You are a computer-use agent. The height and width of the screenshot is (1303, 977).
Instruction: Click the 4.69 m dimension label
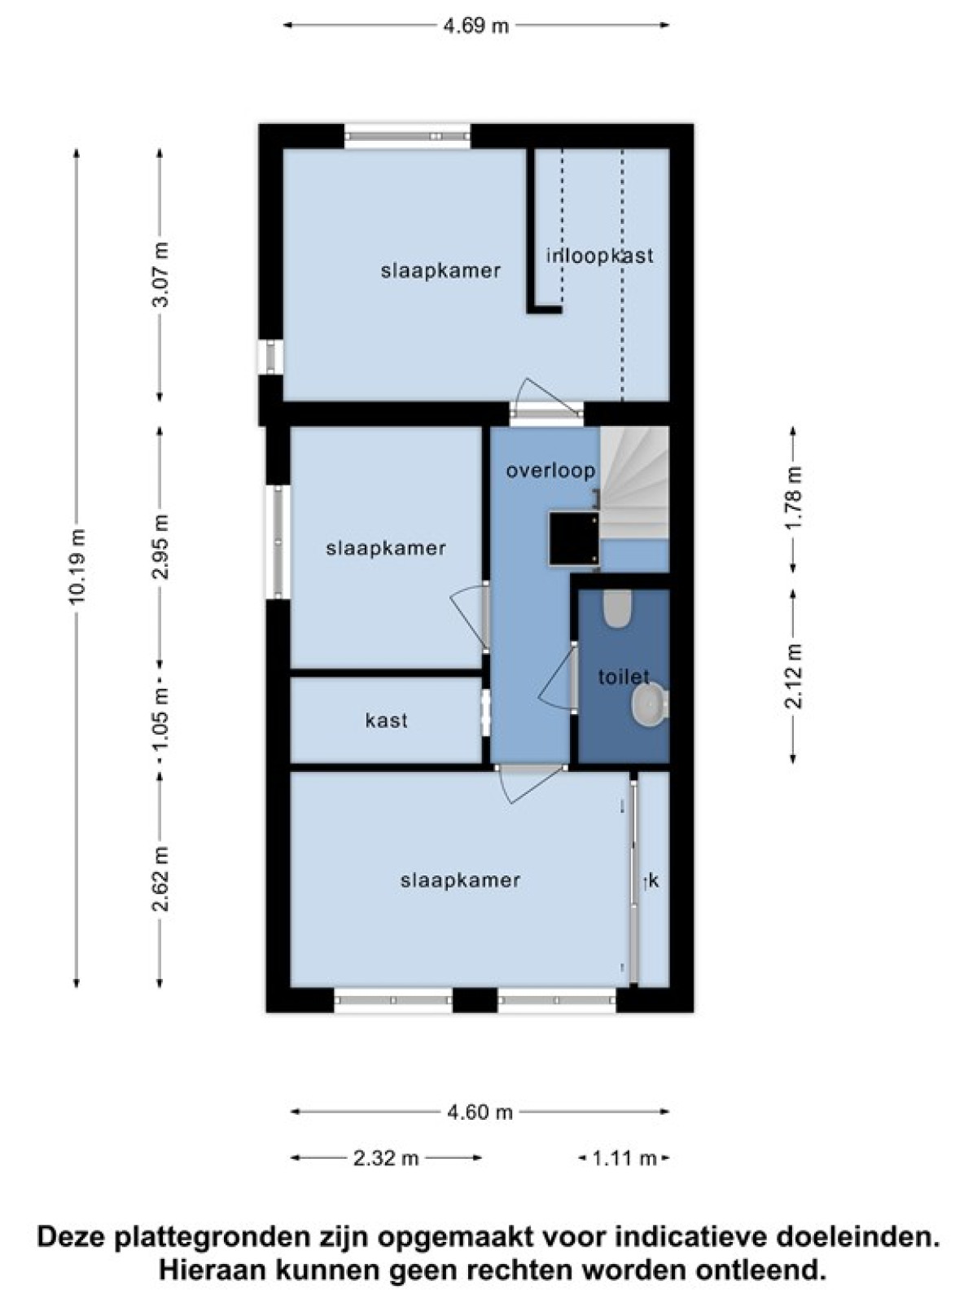point(476,26)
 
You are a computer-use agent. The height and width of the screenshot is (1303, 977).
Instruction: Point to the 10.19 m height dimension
point(77,566)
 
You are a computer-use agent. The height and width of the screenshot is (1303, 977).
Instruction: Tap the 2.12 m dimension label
point(794,676)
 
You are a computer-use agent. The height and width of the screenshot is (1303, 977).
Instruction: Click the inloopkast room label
point(600,256)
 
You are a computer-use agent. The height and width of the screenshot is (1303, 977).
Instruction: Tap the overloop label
point(550,471)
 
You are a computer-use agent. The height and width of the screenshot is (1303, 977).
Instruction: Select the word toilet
point(624,677)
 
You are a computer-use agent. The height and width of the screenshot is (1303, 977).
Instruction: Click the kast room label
point(386,721)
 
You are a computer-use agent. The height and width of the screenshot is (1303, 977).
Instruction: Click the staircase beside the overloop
point(634,483)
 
